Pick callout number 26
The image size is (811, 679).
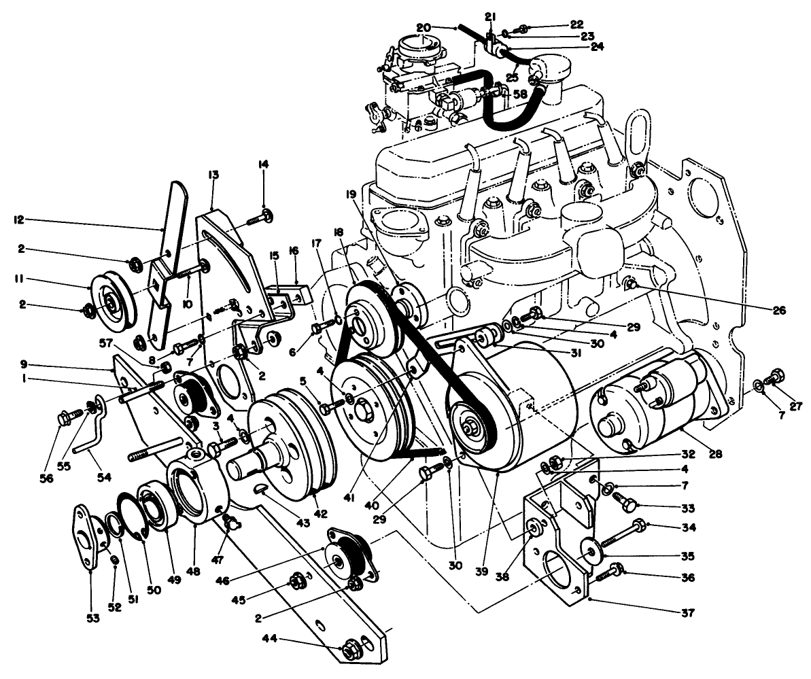coord(778,311)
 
